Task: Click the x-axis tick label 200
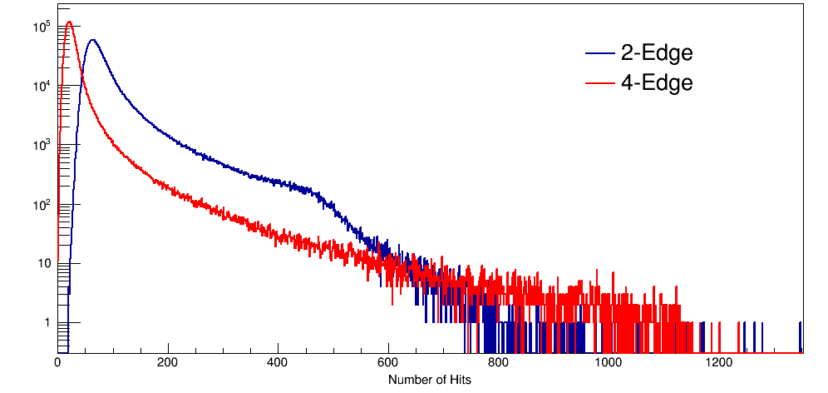tap(168, 362)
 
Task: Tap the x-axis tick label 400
tap(278, 362)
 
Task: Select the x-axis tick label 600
tap(388, 362)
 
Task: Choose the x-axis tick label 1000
tap(609, 362)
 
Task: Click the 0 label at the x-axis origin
tap(57, 362)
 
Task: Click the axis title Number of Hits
tap(430, 380)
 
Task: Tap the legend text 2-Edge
tap(657, 53)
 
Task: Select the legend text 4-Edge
tap(657, 82)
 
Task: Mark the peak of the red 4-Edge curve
tap(69, 22)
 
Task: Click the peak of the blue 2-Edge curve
tap(92, 40)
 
